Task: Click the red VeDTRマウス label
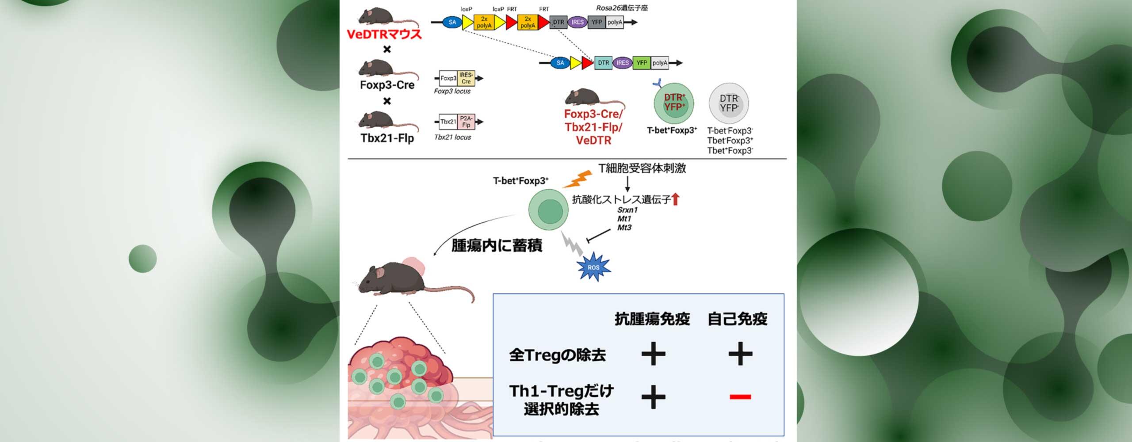click(384, 34)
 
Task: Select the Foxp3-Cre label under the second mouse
click(387, 85)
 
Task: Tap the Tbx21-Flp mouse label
click(387, 138)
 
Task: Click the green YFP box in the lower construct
click(642, 63)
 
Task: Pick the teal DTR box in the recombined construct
click(604, 63)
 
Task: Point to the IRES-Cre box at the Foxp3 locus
click(466, 78)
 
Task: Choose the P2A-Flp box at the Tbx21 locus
click(466, 122)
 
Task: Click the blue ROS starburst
click(593, 267)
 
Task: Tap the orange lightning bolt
click(577, 179)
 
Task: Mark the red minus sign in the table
click(740, 396)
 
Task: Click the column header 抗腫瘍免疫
click(652, 319)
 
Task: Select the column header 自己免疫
click(737, 319)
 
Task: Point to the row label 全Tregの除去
click(557, 355)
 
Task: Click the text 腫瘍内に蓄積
click(497, 246)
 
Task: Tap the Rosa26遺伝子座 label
click(622, 8)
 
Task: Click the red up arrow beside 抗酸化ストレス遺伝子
click(675, 200)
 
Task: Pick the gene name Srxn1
click(627, 210)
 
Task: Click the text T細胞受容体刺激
click(642, 168)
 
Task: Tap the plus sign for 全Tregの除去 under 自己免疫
click(740, 354)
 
